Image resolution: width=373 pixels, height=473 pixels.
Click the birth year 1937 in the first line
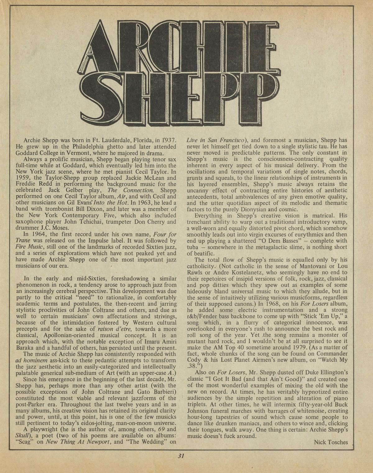[168, 140]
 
